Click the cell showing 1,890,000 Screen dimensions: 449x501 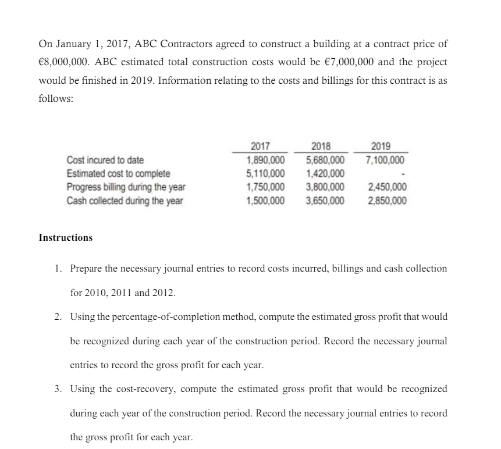266,160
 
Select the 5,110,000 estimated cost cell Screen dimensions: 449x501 266,173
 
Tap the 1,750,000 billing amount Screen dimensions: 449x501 266,187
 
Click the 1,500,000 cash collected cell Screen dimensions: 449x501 266,201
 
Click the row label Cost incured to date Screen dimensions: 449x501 105,160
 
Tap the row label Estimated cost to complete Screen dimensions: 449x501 119,173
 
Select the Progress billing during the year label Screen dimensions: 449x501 126,187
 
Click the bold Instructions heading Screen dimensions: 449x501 65,238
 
